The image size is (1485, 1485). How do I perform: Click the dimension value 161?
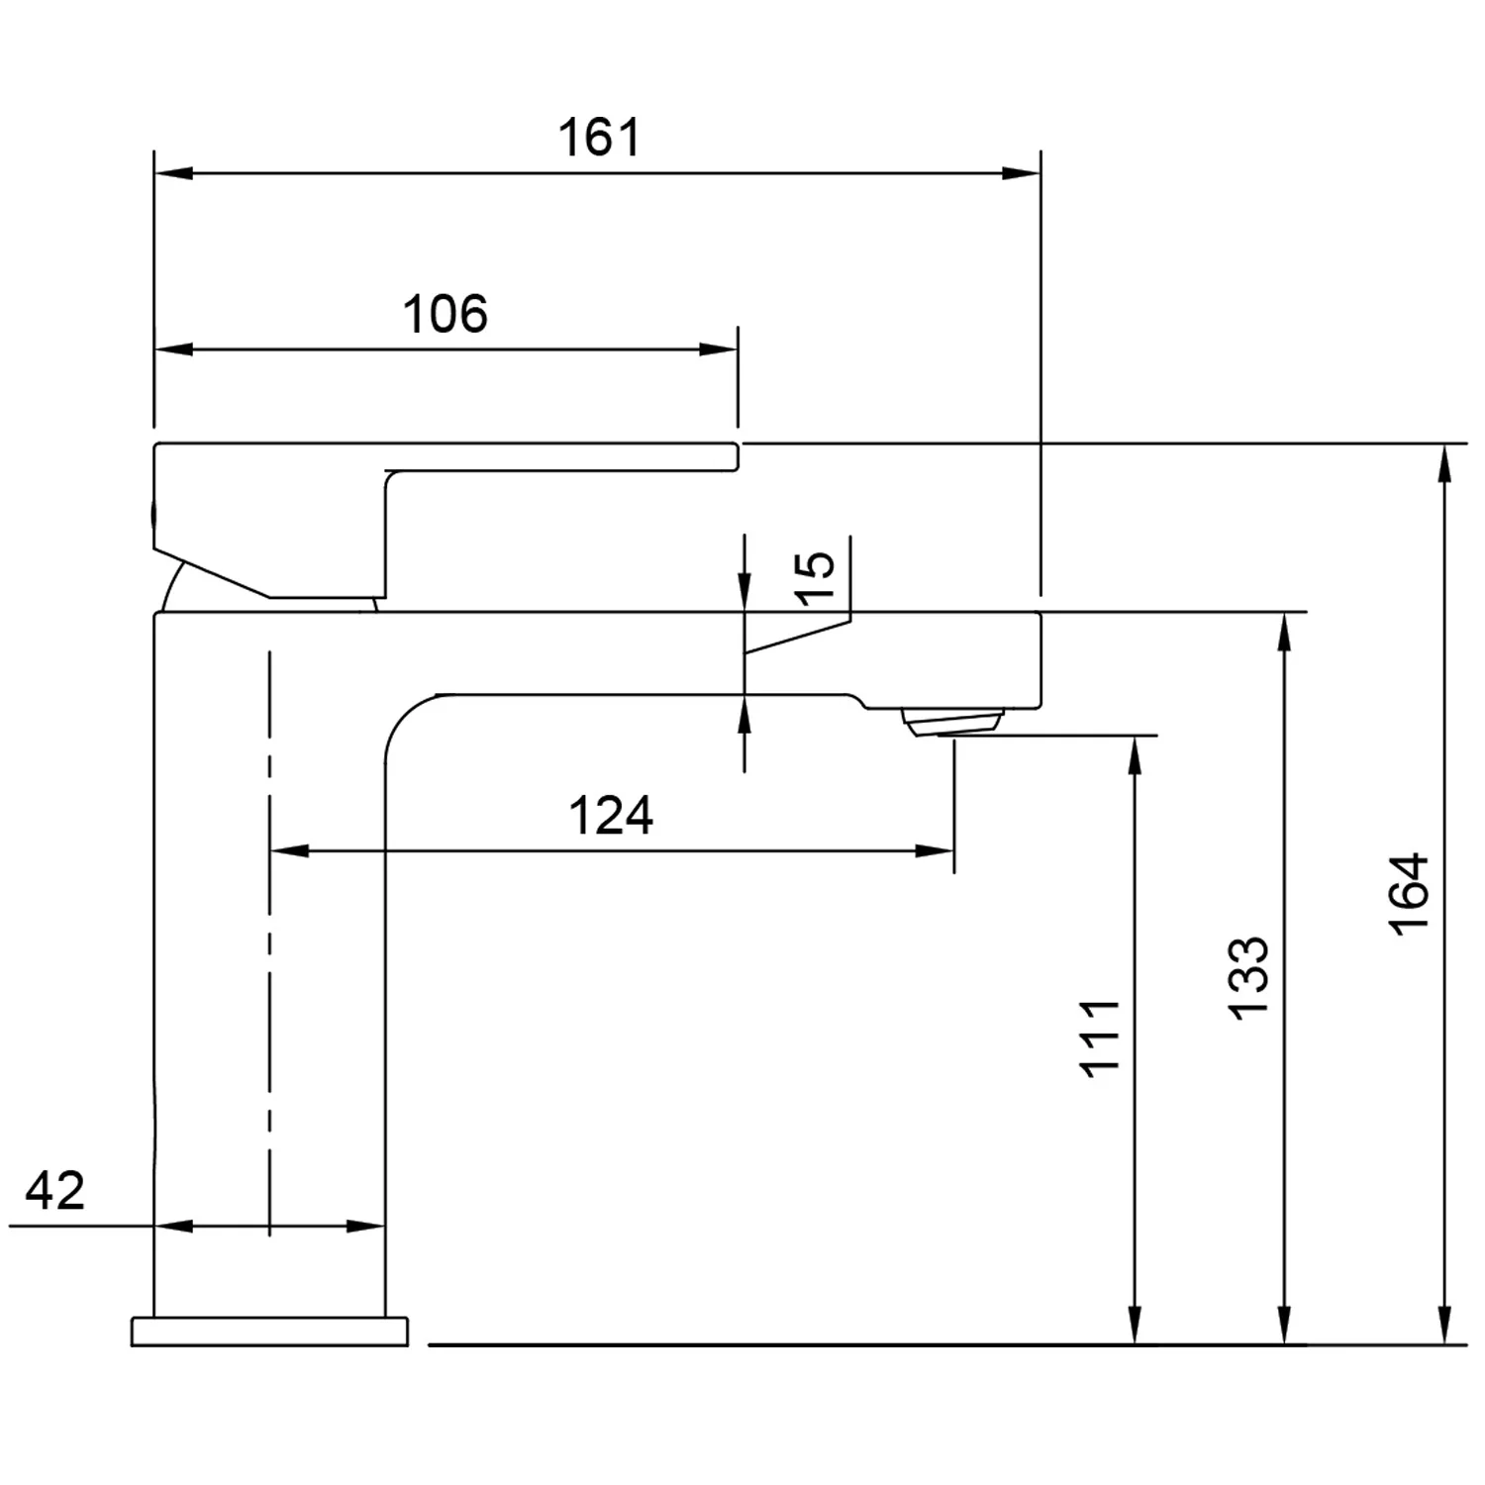600,138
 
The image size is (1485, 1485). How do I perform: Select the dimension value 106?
445,314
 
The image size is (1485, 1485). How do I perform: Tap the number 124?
611,816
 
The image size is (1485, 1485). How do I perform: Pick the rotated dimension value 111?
1100,1038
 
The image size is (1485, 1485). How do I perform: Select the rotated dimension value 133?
1248,976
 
